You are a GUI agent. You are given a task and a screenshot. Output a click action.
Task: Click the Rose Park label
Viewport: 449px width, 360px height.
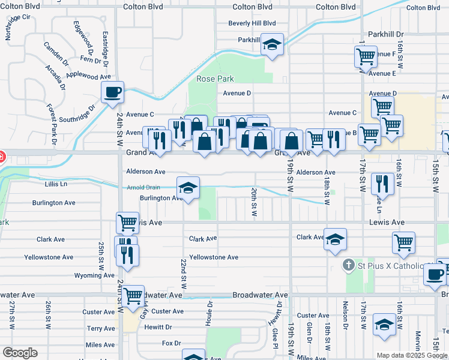(214, 79)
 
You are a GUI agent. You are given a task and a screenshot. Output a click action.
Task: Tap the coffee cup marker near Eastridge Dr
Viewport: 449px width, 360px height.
(112, 92)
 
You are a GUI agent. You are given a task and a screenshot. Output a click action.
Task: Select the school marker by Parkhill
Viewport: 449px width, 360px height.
(273, 44)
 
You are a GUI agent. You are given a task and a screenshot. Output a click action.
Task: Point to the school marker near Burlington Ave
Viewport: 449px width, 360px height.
(188, 188)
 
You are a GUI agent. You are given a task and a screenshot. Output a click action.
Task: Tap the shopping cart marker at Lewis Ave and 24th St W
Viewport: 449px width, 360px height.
(128, 223)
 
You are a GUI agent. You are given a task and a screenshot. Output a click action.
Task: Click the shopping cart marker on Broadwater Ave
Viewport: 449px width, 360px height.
(133, 295)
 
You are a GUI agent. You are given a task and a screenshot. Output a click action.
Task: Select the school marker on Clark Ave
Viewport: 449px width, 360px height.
(336, 239)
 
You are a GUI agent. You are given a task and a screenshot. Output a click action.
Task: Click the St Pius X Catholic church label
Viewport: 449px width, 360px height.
(391, 265)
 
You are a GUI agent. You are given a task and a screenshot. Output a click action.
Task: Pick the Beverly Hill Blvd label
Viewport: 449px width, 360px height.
(252, 23)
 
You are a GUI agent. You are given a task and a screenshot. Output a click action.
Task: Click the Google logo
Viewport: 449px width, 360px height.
(20, 353)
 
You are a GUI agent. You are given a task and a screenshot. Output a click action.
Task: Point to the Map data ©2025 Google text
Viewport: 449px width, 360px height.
(411, 355)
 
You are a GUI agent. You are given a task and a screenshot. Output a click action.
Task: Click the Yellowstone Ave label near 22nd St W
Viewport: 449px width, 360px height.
(214, 257)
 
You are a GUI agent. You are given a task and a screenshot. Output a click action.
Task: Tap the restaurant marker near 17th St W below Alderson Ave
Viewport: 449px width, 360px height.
(382, 183)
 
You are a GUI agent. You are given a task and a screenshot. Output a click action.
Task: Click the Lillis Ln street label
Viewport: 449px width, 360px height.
(56, 184)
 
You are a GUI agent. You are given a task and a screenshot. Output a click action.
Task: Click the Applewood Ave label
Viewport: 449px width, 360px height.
(89, 76)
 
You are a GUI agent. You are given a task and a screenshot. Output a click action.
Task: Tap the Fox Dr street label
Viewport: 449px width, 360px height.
(171, 343)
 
